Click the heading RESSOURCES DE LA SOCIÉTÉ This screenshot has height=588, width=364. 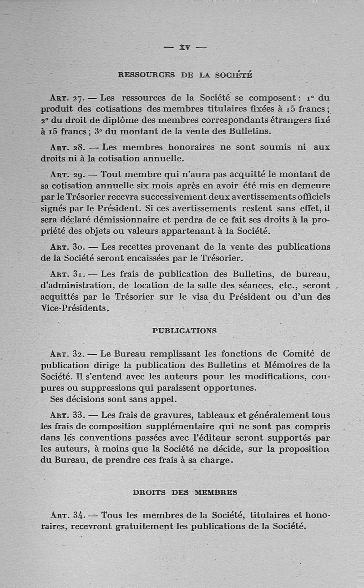pos(185,75)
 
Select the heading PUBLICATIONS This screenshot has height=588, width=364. pos(184,331)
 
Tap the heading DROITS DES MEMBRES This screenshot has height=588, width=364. pos(185,492)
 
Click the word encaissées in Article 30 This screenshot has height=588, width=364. pos(157,258)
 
